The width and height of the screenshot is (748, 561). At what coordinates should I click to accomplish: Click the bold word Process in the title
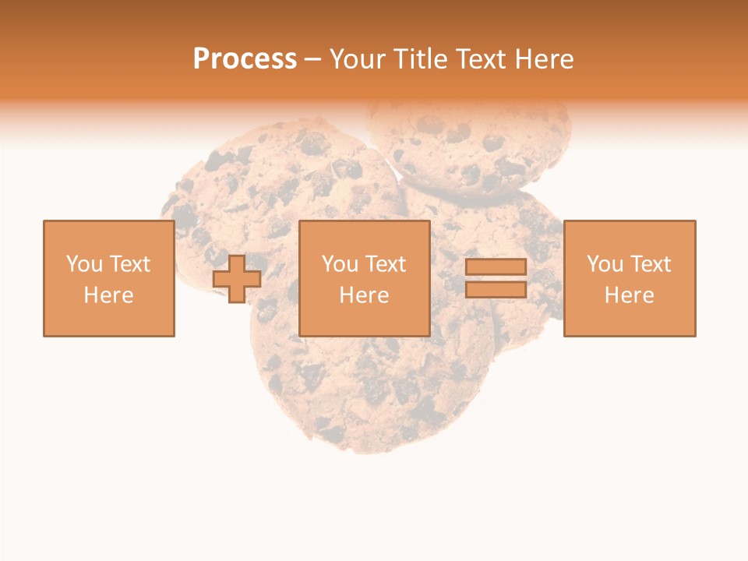coord(245,59)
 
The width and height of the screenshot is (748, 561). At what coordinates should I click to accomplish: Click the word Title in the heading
coord(422,59)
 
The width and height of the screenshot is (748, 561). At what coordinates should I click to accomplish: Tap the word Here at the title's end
coord(545,59)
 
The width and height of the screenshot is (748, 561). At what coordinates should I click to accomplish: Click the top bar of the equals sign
coord(496,267)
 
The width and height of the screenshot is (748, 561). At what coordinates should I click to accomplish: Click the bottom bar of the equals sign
coord(496,290)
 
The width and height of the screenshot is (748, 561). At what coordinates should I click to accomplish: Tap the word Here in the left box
coord(108,295)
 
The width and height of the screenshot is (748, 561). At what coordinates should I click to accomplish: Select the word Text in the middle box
coord(385,264)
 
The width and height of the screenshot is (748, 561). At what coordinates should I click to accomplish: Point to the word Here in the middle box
coord(364,295)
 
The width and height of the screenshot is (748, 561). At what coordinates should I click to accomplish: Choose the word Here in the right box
coord(629,295)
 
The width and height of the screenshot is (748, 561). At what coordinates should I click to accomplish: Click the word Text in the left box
coord(129,264)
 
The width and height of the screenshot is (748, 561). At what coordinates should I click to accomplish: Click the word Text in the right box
coord(650,264)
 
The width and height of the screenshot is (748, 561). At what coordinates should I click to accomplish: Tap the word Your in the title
coord(358,59)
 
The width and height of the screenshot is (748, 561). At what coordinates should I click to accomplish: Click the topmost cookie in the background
coord(467,144)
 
